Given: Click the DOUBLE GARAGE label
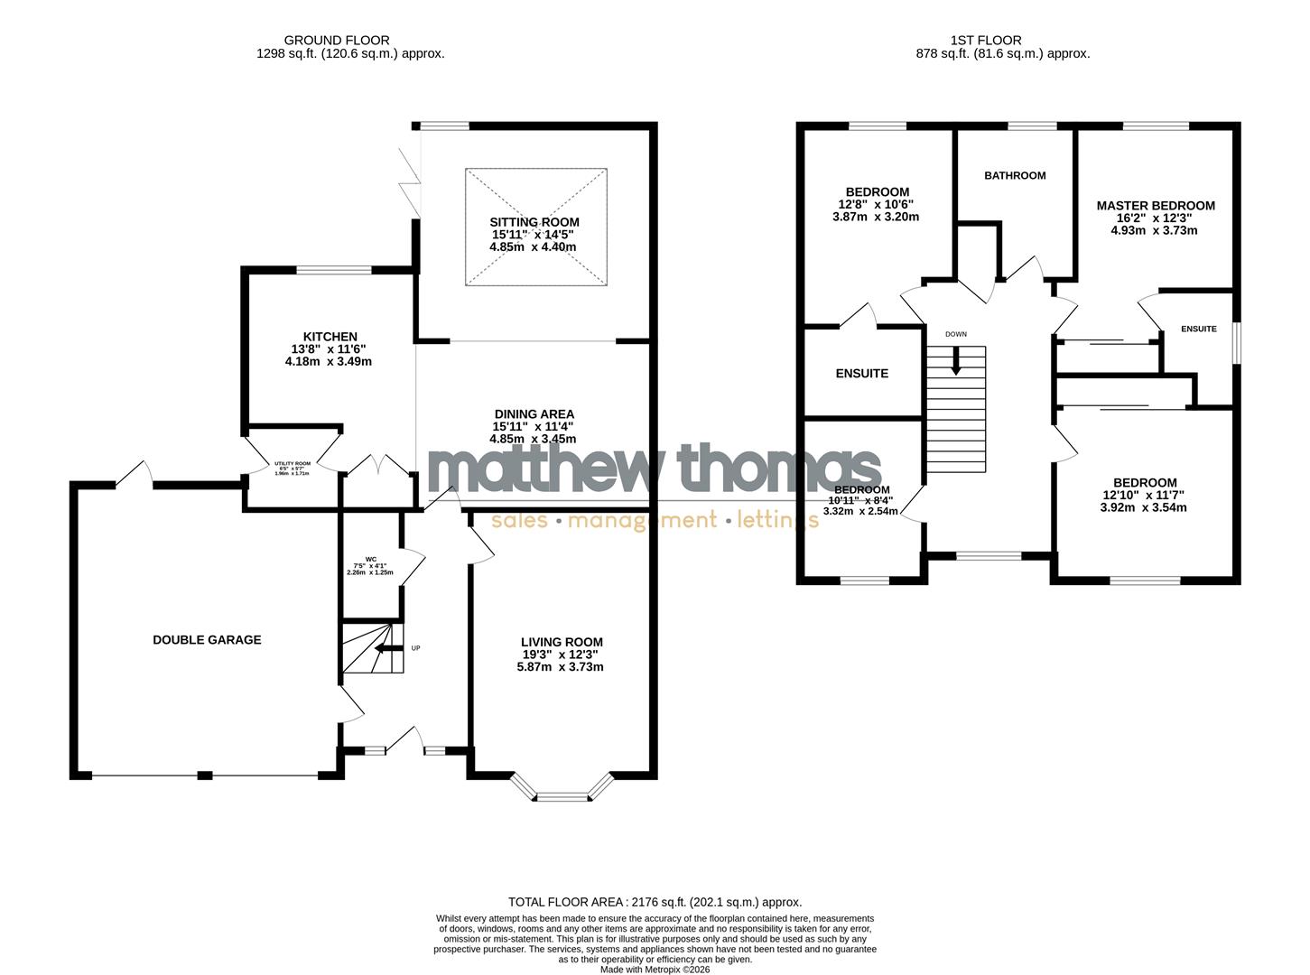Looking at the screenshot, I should click(x=207, y=640).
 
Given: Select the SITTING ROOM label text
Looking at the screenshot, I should click(x=534, y=222).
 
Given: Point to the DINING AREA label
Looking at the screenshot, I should click(x=534, y=414).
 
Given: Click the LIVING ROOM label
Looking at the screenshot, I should click(x=562, y=642).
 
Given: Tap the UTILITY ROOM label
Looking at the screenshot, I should click(x=293, y=463).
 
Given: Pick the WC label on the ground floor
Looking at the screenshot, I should click(x=370, y=559).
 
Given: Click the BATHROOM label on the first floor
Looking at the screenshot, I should click(x=1015, y=175).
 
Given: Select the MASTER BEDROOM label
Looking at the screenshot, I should click(x=1156, y=206).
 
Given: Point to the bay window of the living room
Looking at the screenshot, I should click(x=562, y=793).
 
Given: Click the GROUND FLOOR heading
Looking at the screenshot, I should click(x=337, y=40).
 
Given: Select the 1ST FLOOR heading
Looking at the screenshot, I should click(x=986, y=40).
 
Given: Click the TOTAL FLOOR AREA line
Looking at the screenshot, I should click(x=655, y=902).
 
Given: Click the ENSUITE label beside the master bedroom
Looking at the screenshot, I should click(x=1199, y=330).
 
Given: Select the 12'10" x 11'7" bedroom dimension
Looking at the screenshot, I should click(x=1143, y=495).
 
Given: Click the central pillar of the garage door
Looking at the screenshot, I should click(x=205, y=775).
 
